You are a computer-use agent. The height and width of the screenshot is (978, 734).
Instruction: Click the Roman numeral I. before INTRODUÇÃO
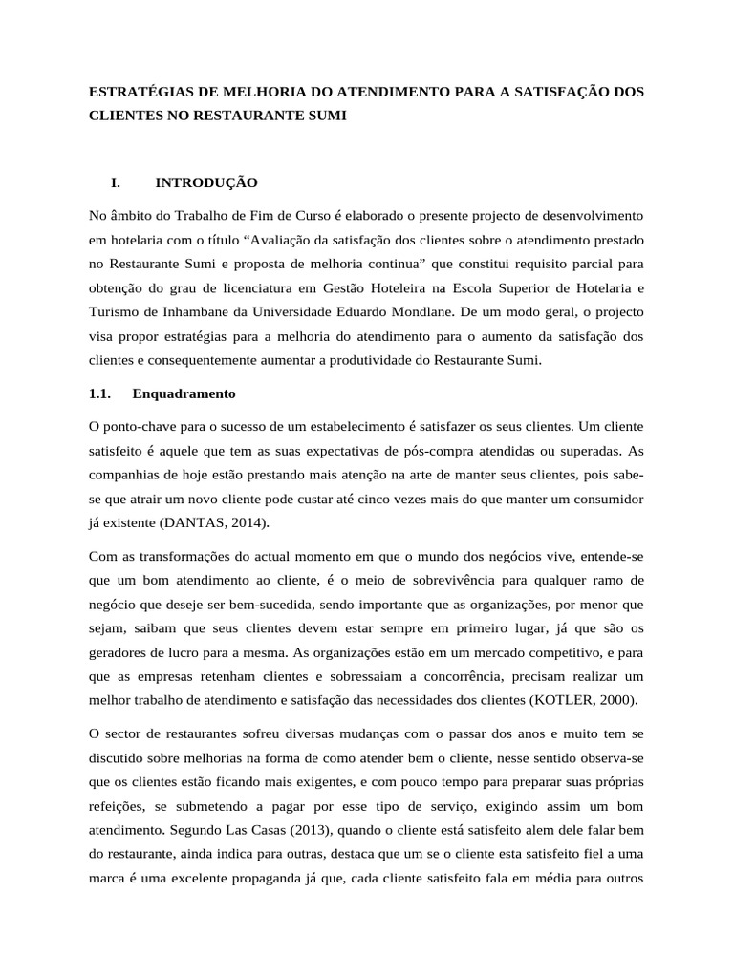point(117,181)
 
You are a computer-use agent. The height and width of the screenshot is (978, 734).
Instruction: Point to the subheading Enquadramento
point(184,393)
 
